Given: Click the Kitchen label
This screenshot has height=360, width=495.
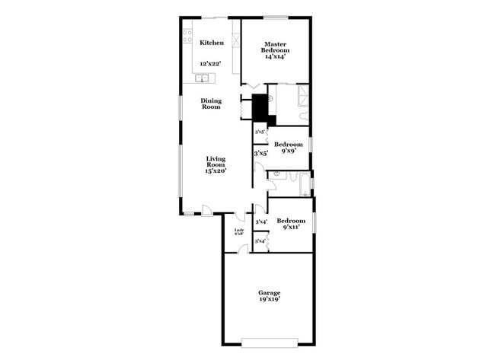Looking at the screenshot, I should click(212, 43).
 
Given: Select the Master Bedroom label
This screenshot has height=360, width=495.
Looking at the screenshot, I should click(274, 46).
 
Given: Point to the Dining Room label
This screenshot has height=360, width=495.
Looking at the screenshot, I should click(211, 104).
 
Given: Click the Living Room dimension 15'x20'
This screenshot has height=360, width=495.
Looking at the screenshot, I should click(216, 171).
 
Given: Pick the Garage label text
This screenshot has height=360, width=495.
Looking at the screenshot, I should click(269, 293).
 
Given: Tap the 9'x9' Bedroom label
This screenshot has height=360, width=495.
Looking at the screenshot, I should click(289, 145).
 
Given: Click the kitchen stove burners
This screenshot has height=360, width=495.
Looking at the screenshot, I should click(187, 37).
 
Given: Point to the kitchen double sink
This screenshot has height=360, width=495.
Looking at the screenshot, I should click(203, 78).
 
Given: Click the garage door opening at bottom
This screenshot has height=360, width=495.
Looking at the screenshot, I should click(269, 340).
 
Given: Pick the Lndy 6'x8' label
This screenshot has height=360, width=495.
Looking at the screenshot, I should click(238, 231).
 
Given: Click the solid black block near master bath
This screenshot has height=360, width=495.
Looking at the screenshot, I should click(263, 107).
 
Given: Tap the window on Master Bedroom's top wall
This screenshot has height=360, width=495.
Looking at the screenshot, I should click(276, 17).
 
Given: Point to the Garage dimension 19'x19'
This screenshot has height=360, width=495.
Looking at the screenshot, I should click(269, 301).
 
